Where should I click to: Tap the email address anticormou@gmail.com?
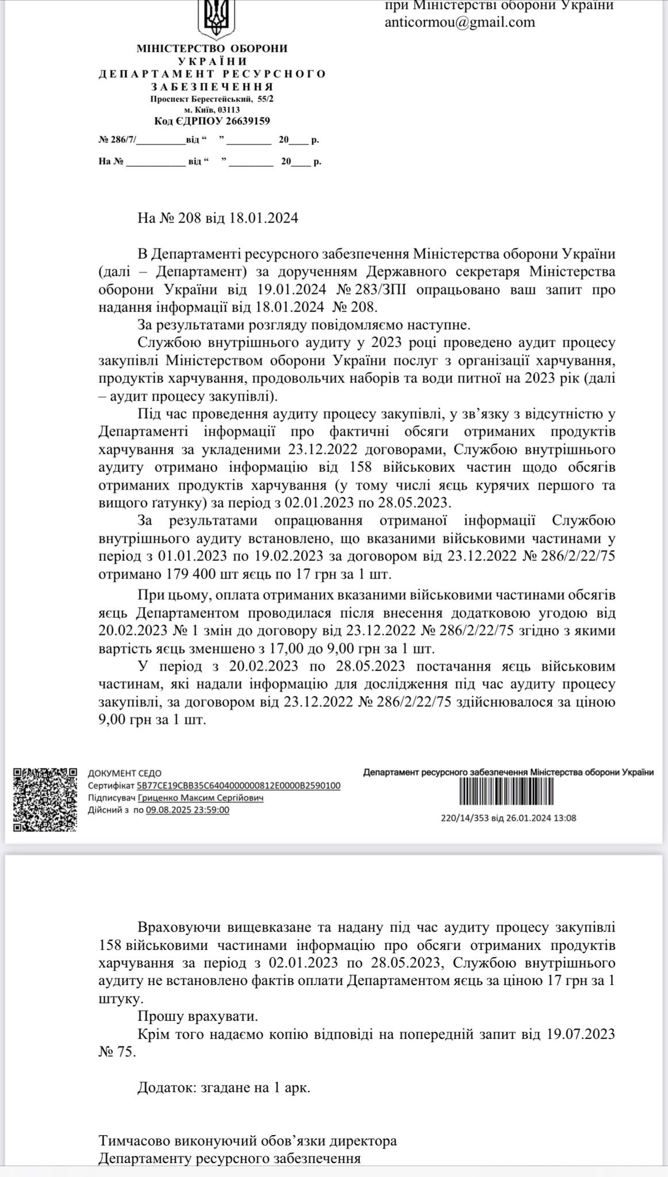pos(460,22)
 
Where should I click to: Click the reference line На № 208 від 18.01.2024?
pos(218,218)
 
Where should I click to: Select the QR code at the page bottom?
pos(45,799)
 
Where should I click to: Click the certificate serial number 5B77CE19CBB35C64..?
pos(239,786)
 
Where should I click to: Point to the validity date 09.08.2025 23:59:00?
pos(187,810)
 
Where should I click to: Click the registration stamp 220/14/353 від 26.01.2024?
pos(508,818)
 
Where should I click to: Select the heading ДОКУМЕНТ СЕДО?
pos(125,774)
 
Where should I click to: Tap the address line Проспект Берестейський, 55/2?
pos(212,99)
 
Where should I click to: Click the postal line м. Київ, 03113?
pos(212,110)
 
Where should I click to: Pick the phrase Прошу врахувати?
pos(198,1016)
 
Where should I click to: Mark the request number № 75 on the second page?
pos(117,1052)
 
